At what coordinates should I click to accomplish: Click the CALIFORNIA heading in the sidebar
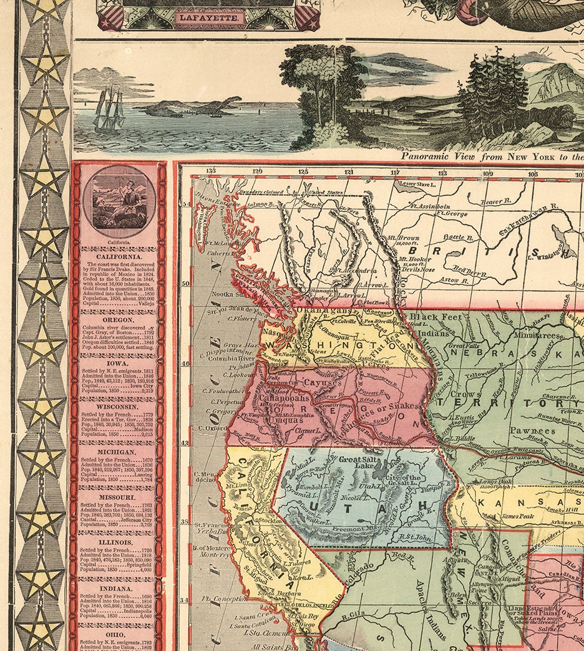coord(119,256)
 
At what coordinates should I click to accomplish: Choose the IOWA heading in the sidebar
coord(119,362)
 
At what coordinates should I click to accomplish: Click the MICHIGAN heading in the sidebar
coord(119,451)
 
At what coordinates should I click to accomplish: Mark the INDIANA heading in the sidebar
coord(119,588)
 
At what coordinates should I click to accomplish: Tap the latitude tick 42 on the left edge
coord(185,444)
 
